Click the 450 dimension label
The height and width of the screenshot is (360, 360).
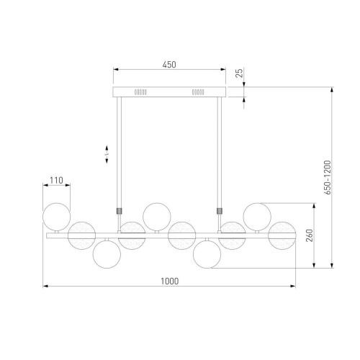tap(169, 65)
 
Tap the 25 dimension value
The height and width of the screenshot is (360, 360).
tap(239, 73)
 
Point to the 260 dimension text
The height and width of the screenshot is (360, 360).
tap(310, 235)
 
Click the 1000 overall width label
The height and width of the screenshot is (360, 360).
tap(170, 281)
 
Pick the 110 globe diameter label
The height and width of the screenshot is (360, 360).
tap(56, 180)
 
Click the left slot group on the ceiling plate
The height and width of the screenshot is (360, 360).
tap(140, 92)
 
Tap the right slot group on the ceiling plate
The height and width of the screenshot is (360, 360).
tap(198, 92)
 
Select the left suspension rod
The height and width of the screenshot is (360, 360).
tap(119, 153)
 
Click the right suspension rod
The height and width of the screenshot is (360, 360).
tap(220, 153)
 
